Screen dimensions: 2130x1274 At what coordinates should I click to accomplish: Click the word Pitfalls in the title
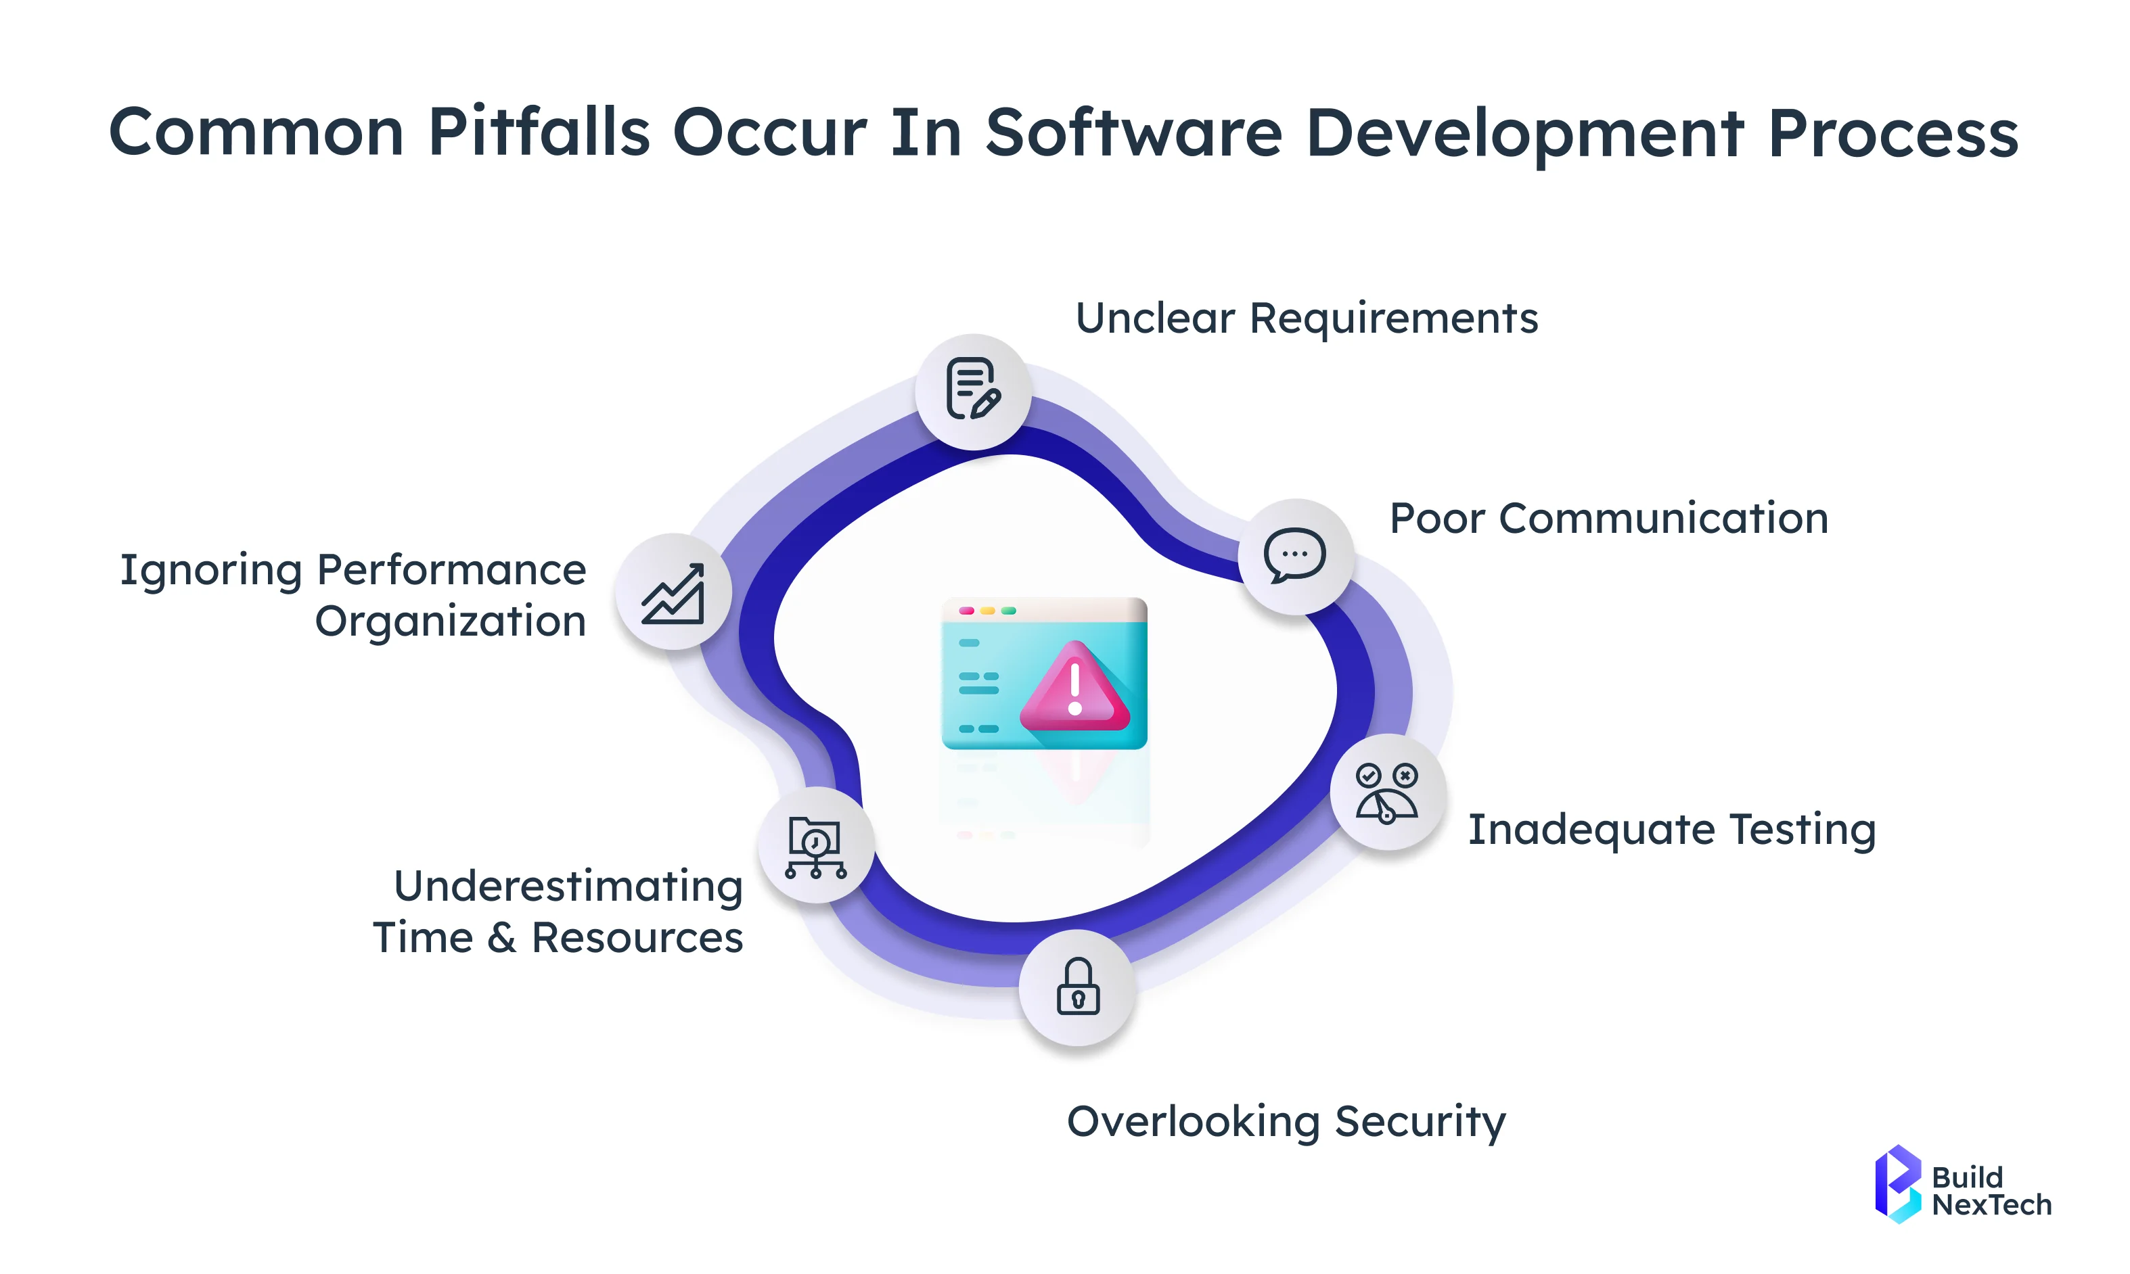(x=539, y=133)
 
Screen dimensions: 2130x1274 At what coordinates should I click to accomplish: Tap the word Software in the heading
(x=1133, y=133)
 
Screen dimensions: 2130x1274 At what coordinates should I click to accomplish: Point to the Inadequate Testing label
(x=1671, y=830)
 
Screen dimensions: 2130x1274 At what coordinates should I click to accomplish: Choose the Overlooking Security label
(x=1286, y=1122)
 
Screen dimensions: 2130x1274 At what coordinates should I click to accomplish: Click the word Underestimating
(x=568, y=886)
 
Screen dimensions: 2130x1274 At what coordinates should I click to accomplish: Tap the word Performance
(x=451, y=570)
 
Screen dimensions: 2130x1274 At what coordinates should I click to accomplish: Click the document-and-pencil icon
(x=973, y=391)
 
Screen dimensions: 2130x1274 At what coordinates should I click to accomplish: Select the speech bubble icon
(x=1295, y=555)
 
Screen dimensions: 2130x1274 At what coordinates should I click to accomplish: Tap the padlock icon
(x=1078, y=987)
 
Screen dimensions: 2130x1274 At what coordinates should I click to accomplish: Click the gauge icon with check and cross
(x=1387, y=793)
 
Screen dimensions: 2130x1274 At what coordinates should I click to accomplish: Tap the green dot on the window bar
(x=1009, y=611)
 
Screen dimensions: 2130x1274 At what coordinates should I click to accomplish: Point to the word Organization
(x=450, y=621)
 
